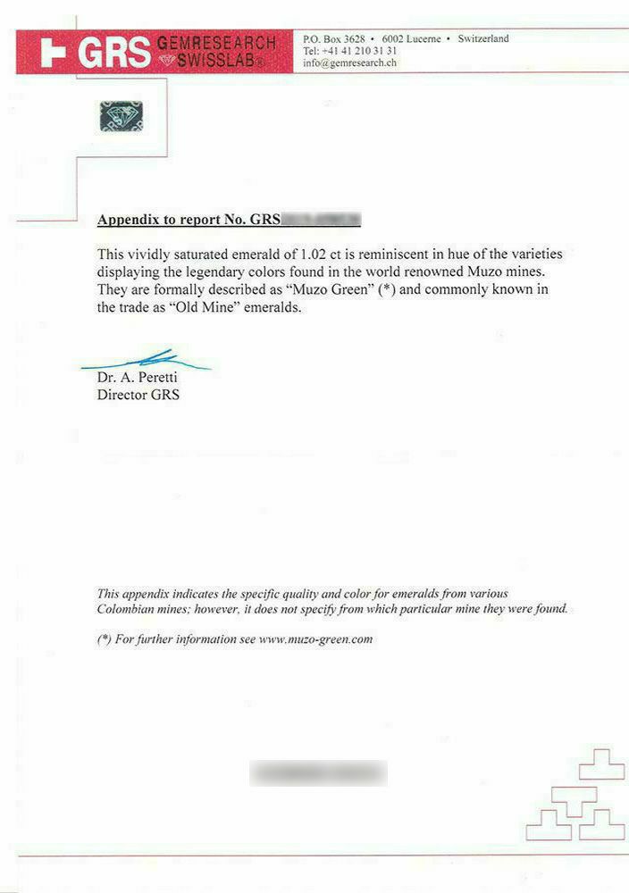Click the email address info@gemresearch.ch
pos(349,63)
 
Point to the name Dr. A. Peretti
pos(137,378)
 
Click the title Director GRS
pos(138,395)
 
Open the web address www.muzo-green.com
pos(314,639)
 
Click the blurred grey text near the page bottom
pos(317,772)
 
